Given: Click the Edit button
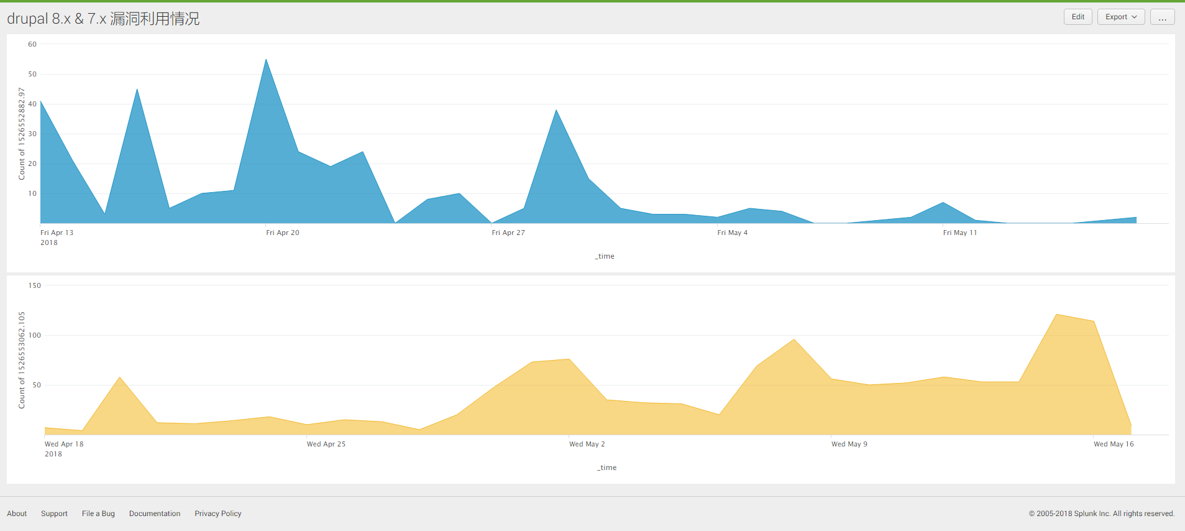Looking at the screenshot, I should (x=1077, y=17).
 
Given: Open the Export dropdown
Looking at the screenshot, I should (x=1120, y=17).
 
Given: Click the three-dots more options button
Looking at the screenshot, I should (x=1162, y=17).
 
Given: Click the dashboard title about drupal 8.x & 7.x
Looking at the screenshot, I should (x=103, y=19).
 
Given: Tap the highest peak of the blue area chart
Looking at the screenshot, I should (x=266, y=60).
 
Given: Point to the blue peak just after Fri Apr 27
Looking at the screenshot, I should (x=556, y=111).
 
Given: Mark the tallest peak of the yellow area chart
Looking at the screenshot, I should (x=1056, y=315).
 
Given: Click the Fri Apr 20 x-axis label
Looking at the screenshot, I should (x=283, y=233).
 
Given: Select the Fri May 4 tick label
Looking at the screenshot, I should (x=732, y=233).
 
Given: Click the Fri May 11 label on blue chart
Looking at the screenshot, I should (x=959, y=233).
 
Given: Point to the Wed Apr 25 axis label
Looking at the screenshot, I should (x=326, y=444).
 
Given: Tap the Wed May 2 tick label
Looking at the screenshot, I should (x=587, y=444).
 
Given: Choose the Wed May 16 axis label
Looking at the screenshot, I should (x=1114, y=444).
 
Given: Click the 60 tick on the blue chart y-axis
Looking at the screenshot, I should (x=32, y=44).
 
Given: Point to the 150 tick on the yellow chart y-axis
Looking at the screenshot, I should (x=35, y=285).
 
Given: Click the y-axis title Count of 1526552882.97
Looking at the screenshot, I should (x=22, y=134).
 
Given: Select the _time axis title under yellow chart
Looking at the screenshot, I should (x=606, y=468).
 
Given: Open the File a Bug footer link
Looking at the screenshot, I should (x=98, y=514).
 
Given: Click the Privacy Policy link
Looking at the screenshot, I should (x=217, y=514).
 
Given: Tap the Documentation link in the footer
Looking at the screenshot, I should (x=155, y=514).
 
